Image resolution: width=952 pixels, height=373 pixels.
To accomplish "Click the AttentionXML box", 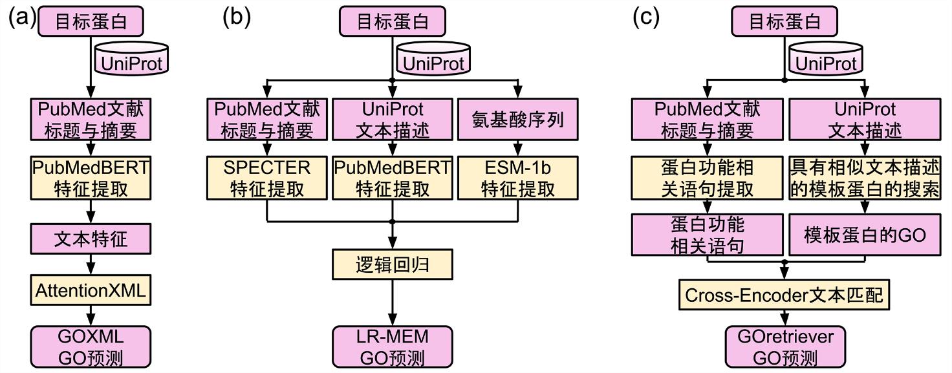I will pos(91,290).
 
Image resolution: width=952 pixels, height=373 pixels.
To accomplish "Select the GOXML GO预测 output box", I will pos(91,348).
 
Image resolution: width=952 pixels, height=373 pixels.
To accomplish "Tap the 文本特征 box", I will pos(91,239).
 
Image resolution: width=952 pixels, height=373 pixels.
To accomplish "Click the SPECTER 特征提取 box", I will pos(266,178).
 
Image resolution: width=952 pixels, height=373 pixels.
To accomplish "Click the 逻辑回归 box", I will pos(392,264).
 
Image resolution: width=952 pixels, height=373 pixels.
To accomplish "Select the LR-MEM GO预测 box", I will pos(392,348).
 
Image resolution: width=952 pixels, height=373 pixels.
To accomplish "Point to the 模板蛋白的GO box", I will pos(865,235).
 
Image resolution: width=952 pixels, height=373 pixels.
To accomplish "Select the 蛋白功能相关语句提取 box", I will pos(709,178).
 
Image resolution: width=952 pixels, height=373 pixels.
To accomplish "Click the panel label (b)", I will pos(236,17).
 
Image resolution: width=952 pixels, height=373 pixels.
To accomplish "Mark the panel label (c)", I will pos(646,17).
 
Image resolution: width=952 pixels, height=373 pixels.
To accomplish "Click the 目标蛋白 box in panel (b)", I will pos(393,21).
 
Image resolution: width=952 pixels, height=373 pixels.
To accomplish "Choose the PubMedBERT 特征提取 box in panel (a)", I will pos(91,178).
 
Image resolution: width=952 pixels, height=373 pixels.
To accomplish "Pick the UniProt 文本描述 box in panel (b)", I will pos(392,120).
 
